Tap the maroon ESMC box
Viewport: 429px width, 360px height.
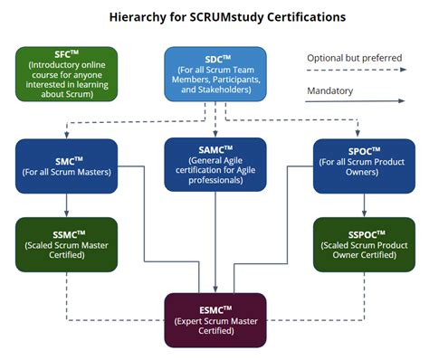coord(215,319)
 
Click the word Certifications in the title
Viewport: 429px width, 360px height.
coord(310,16)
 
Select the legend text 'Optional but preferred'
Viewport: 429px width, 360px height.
coord(353,57)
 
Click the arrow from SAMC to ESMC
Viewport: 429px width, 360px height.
coord(215,244)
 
